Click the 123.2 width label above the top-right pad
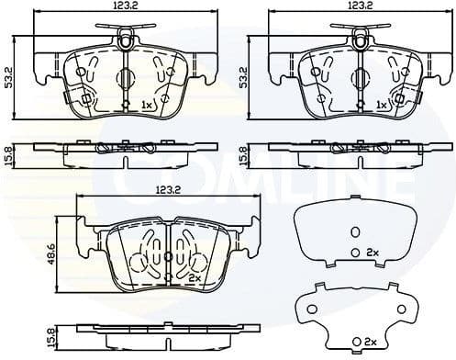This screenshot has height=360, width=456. (359, 7)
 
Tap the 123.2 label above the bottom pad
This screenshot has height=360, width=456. (166, 190)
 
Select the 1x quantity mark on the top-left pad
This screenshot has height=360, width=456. (146, 107)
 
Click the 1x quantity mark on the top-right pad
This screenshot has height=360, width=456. (382, 107)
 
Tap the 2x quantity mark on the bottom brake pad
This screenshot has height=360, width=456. (194, 276)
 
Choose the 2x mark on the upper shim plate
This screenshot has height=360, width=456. (373, 251)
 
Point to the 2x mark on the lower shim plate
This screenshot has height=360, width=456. (372, 341)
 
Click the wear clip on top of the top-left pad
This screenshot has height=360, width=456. (125, 39)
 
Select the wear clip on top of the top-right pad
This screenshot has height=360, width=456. (361, 39)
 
